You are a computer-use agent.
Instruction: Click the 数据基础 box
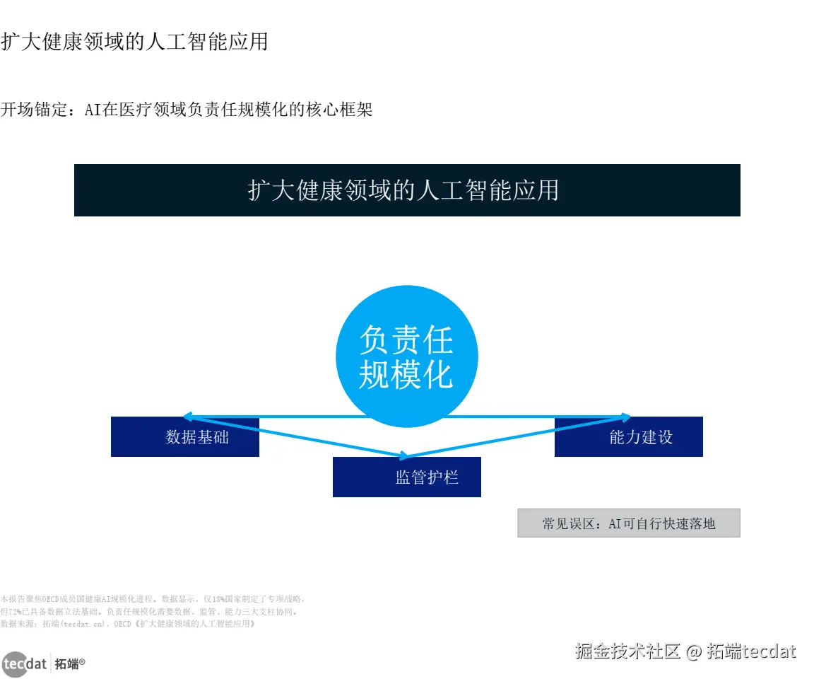[x=185, y=437]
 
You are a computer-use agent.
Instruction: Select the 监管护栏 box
[x=407, y=477]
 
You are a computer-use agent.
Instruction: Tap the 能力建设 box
[x=629, y=437]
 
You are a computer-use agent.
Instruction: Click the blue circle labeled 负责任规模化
[x=406, y=356]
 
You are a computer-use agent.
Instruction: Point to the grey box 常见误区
[x=629, y=523]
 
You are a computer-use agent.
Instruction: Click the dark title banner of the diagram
[x=407, y=190]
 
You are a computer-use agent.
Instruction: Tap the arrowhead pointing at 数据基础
[x=187, y=417]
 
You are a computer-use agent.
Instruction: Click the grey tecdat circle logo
[x=14, y=664]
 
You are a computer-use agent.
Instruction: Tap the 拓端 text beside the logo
[x=67, y=664]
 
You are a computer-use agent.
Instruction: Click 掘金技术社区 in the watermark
[x=627, y=651]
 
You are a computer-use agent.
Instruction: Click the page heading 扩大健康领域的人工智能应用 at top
[x=134, y=41]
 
